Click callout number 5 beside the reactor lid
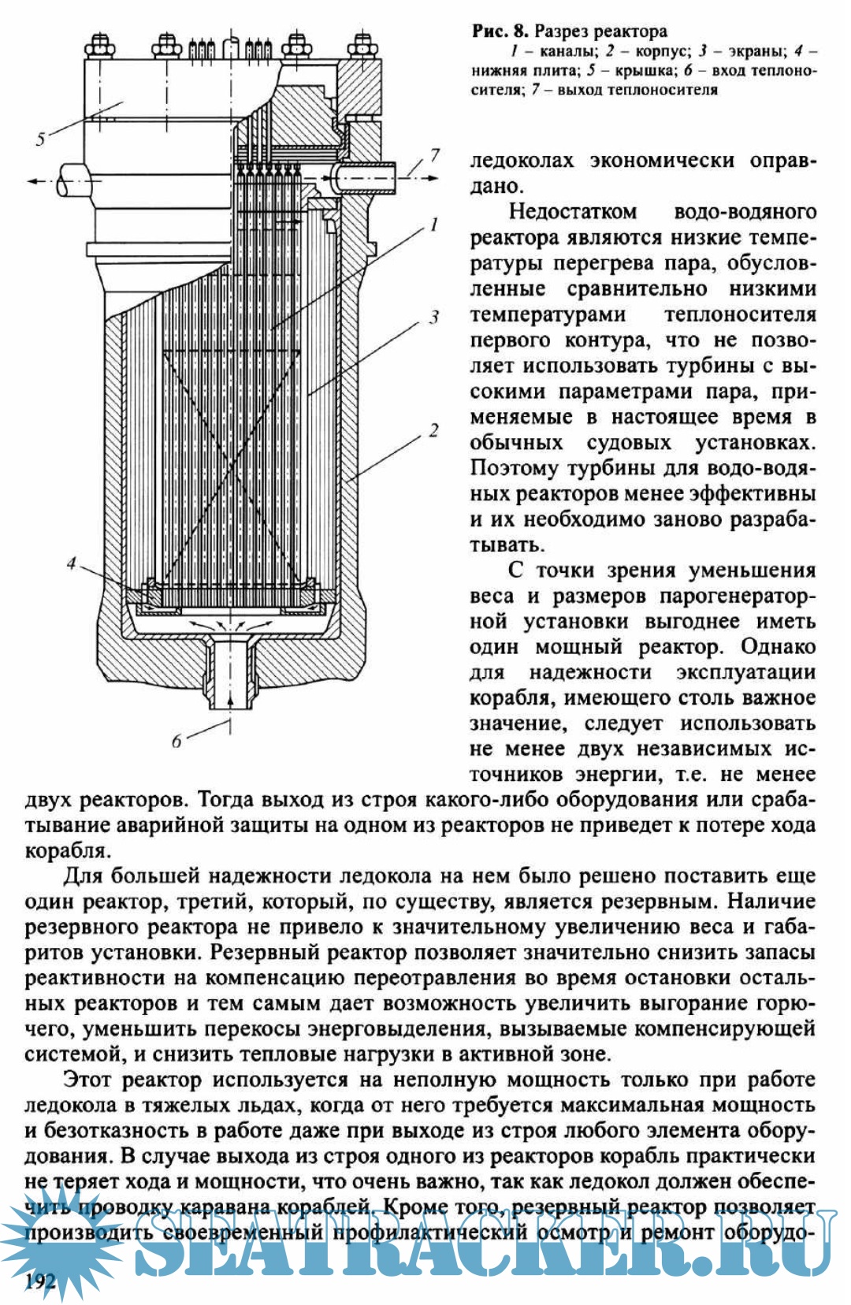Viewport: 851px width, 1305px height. point(40,139)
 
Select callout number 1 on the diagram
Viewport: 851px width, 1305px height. point(433,225)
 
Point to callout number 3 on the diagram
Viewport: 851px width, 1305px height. point(433,317)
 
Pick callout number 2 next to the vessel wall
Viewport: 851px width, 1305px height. point(433,430)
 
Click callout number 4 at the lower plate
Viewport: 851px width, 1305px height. point(72,563)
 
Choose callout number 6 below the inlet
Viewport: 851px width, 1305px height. point(177,741)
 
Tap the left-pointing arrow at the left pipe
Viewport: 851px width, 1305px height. point(35,181)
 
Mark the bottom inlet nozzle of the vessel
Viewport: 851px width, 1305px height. point(230,670)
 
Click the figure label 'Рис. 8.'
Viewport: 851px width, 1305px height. point(500,32)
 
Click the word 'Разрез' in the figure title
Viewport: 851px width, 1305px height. point(563,32)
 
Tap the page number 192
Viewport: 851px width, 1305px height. point(40,1281)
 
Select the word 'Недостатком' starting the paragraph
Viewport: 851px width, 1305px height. point(572,212)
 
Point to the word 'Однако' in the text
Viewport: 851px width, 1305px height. point(778,647)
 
